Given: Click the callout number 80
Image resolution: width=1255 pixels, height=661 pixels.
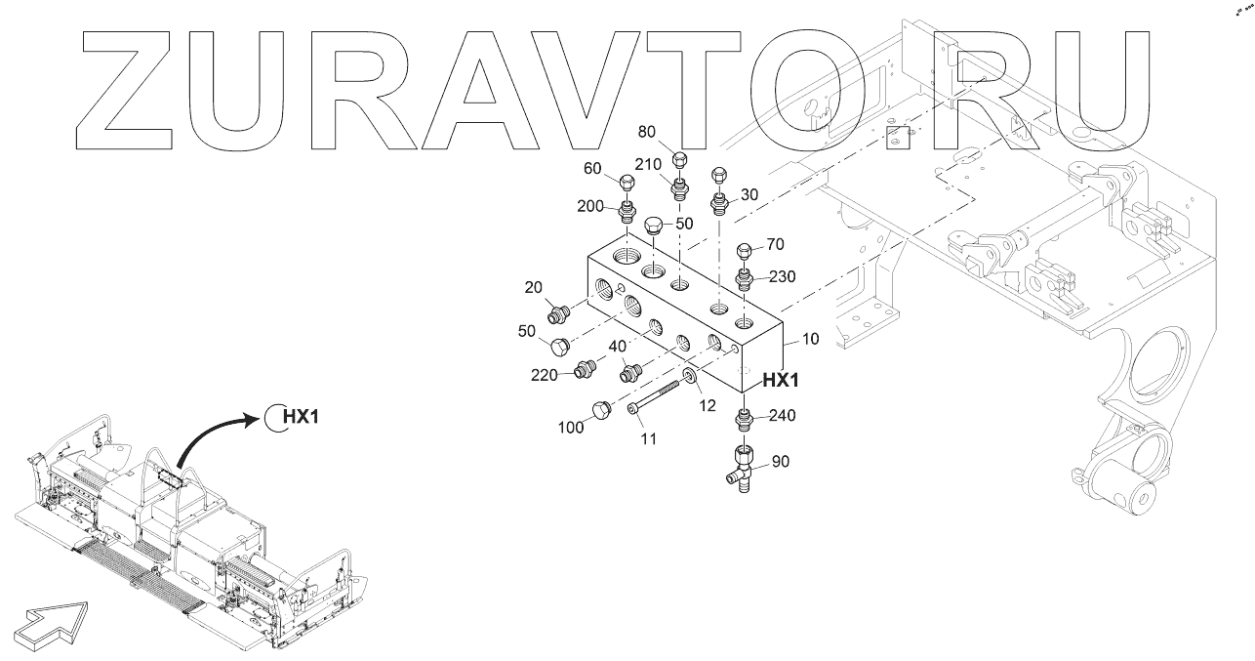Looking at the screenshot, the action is [647, 132].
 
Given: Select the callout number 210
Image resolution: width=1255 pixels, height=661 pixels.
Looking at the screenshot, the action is [648, 164].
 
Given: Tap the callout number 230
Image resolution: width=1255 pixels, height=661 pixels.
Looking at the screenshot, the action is [782, 276].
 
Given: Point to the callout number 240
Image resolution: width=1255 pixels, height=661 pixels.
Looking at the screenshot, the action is [782, 415].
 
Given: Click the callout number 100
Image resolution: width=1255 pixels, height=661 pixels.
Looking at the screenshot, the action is [571, 428].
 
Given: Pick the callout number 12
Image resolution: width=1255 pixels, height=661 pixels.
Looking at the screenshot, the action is [708, 406].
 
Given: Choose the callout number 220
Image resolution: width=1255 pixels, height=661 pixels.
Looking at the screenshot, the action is [544, 375].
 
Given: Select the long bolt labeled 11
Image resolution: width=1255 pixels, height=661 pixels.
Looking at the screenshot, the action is [653, 397].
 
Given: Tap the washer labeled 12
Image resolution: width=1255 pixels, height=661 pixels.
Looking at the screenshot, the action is [689, 376].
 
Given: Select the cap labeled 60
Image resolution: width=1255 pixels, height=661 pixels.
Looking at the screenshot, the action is [627, 183].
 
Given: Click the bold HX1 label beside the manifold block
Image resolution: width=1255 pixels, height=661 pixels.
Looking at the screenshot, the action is [781, 381].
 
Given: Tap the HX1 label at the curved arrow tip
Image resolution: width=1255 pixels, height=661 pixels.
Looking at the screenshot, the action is [301, 417].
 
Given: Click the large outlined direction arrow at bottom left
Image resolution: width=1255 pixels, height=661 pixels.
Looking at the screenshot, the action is [51, 626].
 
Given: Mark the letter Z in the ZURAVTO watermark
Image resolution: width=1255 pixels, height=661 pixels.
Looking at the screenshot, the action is [124, 90].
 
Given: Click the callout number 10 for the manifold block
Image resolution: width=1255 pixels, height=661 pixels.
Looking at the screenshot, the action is [811, 339].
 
